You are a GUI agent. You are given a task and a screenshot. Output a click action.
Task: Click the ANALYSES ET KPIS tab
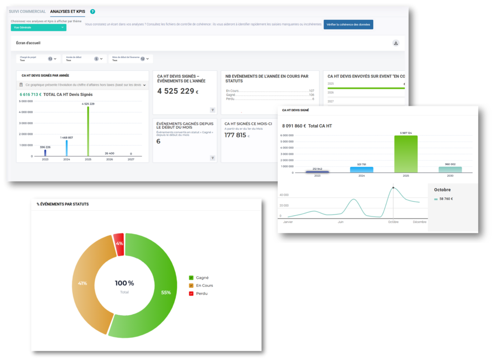pyautogui.click(x=68, y=11)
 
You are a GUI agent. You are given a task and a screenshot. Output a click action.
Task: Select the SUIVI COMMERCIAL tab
pyautogui.click(x=27, y=11)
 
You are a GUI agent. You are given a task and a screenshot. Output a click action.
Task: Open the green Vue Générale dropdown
pyautogui.click(x=39, y=27)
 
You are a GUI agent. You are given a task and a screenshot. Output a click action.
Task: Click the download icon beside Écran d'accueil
pyautogui.click(x=396, y=43)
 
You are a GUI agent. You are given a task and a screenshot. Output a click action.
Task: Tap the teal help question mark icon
pyautogui.click(x=92, y=11)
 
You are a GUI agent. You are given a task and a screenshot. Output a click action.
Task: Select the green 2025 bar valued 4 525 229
pyautogui.click(x=88, y=131)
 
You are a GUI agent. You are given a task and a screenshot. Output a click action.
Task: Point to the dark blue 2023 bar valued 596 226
pyautogui.click(x=45, y=153)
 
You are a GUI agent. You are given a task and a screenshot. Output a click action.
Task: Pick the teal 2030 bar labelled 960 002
pyautogui.click(x=450, y=169)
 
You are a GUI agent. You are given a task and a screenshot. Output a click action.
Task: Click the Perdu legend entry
pyautogui.click(x=201, y=293)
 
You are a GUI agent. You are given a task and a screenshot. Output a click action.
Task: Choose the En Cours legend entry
pyautogui.click(x=204, y=285)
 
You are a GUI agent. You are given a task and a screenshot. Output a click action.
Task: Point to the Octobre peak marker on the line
pyautogui.click(x=393, y=187)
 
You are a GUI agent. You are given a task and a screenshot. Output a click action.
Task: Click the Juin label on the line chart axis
pyautogui.click(x=341, y=222)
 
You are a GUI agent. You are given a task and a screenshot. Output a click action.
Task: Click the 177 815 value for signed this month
pyautogui.click(x=236, y=135)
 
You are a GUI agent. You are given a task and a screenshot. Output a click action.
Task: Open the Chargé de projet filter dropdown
pyautogui.click(x=38, y=59)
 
